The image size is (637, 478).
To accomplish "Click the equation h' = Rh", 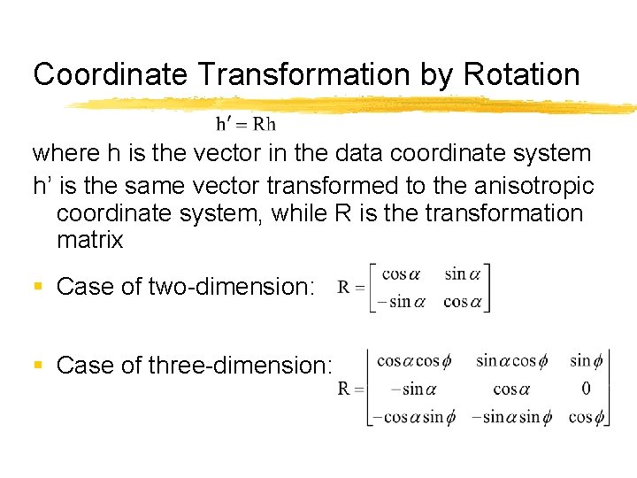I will tap(246, 124).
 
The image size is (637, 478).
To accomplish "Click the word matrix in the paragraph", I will tap(89, 240).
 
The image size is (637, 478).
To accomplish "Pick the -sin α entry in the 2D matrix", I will tap(401, 301).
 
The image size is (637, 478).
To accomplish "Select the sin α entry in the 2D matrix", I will tap(466, 274).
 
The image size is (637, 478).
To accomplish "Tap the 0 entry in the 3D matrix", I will tap(586, 389).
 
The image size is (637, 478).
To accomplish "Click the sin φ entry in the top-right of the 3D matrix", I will tap(586, 359).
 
